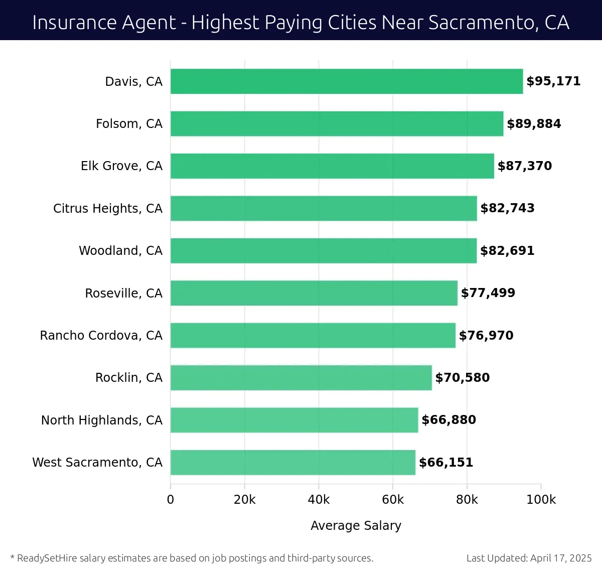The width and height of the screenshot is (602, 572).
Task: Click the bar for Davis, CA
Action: click(x=346, y=81)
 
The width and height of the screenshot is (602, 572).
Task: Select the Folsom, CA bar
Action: click(x=337, y=123)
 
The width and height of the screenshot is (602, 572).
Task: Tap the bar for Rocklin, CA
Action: click(x=301, y=377)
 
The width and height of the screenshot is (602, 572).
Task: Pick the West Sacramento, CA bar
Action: click(x=293, y=462)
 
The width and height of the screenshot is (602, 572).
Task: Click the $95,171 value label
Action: click(x=553, y=81)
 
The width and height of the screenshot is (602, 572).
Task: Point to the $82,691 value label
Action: click(x=507, y=250)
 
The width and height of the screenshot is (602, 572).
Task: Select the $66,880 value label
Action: click(x=448, y=420)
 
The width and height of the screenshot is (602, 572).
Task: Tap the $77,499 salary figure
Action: click(x=488, y=293)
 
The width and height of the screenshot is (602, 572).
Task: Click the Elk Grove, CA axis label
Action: click(x=121, y=166)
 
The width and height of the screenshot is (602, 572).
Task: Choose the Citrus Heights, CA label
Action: click(x=108, y=208)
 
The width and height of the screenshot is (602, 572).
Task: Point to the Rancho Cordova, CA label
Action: click(x=101, y=335)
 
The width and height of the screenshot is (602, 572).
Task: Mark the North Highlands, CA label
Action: click(x=102, y=420)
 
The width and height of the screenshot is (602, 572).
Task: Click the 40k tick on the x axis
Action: click(x=319, y=500)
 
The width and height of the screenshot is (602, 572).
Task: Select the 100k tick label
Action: click(x=541, y=500)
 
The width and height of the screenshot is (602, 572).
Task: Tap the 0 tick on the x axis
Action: click(x=171, y=500)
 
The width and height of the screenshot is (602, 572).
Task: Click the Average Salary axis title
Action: click(x=356, y=525)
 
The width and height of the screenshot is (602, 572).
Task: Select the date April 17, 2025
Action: click(x=561, y=558)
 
